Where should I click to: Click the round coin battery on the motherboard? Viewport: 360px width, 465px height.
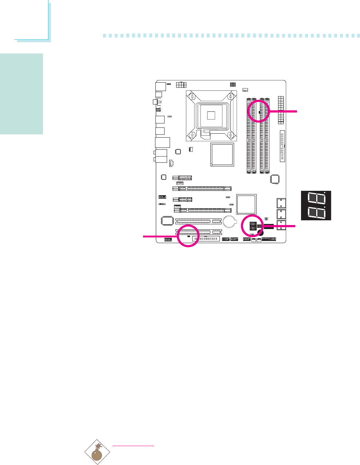click(x=230, y=220)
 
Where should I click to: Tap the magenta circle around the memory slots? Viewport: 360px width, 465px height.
click(x=259, y=111)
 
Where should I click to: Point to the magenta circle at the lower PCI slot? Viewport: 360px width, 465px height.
click(x=188, y=236)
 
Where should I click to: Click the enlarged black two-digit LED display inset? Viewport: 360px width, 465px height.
click(x=316, y=205)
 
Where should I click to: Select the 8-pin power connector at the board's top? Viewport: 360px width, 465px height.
click(x=181, y=85)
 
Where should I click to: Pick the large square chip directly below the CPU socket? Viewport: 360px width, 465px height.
click(x=222, y=155)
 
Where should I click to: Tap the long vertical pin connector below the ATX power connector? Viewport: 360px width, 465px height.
click(x=282, y=146)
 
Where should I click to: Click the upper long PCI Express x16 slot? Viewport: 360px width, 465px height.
click(x=202, y=189)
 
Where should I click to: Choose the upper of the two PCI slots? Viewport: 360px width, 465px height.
click(x=198, y=221)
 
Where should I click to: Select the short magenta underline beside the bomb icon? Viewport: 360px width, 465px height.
click(x=134, y=446)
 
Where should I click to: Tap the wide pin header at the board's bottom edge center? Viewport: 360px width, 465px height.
click(x=206, y=239)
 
